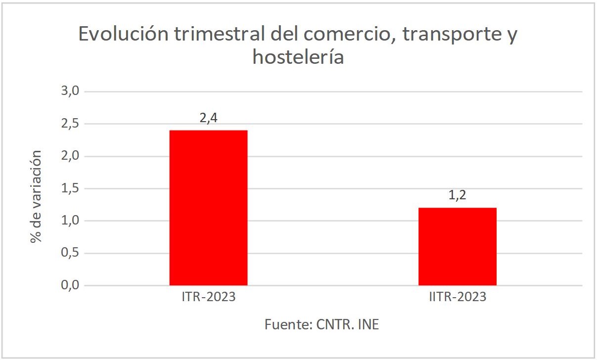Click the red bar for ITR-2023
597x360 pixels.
coord(208,208)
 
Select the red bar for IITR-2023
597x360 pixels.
coord(457,246)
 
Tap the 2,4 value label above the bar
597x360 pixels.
coord(208,119)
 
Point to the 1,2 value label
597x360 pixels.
coord(457,196)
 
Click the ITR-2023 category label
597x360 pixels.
coord(208,297)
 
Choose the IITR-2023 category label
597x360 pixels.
coord(457,297)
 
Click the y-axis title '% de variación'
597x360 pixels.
coord(36,196)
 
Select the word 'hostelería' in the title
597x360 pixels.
coord(298,57)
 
